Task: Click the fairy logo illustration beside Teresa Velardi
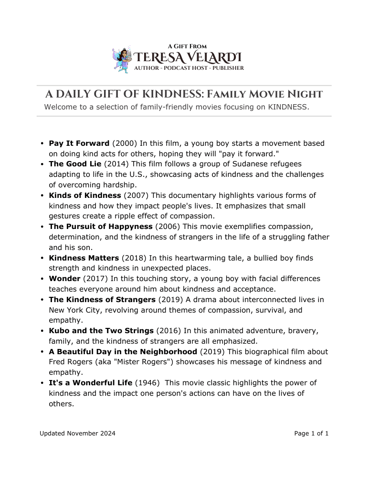[x=121, y=60]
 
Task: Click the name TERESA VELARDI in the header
[x=188, y=58]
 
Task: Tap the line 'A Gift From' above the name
[x=187, y=46]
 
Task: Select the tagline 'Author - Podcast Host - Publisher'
[x=189, y=68]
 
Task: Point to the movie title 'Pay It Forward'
[x=79, y=143]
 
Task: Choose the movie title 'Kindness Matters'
[x=84, y=258]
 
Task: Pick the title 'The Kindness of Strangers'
[x=102, y=300]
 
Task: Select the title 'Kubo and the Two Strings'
[x=101, y=331]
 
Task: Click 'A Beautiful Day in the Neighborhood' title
[x=123, y=352]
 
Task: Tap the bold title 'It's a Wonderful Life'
[x=91, y=383]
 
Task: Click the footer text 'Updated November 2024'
[x=77, y=434]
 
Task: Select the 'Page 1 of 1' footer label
[x=311, y=434]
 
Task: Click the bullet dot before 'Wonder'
[x=42, y=279]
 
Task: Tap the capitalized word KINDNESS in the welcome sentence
[x=286, y=107]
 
